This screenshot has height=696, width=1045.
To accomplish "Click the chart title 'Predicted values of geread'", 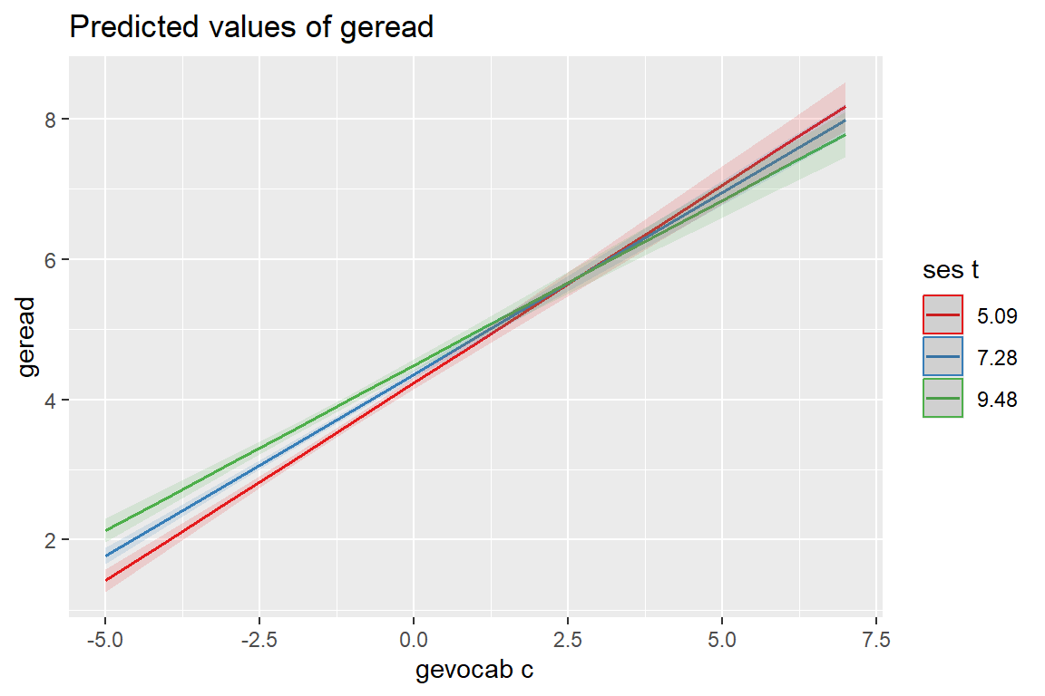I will pyautogui.click(x=251, y=28).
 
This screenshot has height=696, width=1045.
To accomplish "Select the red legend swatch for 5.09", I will pyautogui.click(x=942, y=314).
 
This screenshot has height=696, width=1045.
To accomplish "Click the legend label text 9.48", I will pyautogui.click(x=998, y=399).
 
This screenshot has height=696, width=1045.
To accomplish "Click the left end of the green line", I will pyautogui.click(x=106, y=530).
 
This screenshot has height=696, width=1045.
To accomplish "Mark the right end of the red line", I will pyautogui.click(x=845, y=107).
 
